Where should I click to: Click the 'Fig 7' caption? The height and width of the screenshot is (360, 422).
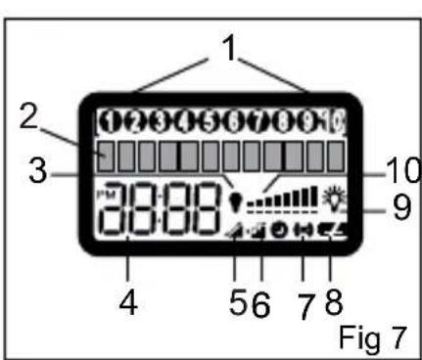tap(372, 338)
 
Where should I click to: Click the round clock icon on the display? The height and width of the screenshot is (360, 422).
tap(280, 234)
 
